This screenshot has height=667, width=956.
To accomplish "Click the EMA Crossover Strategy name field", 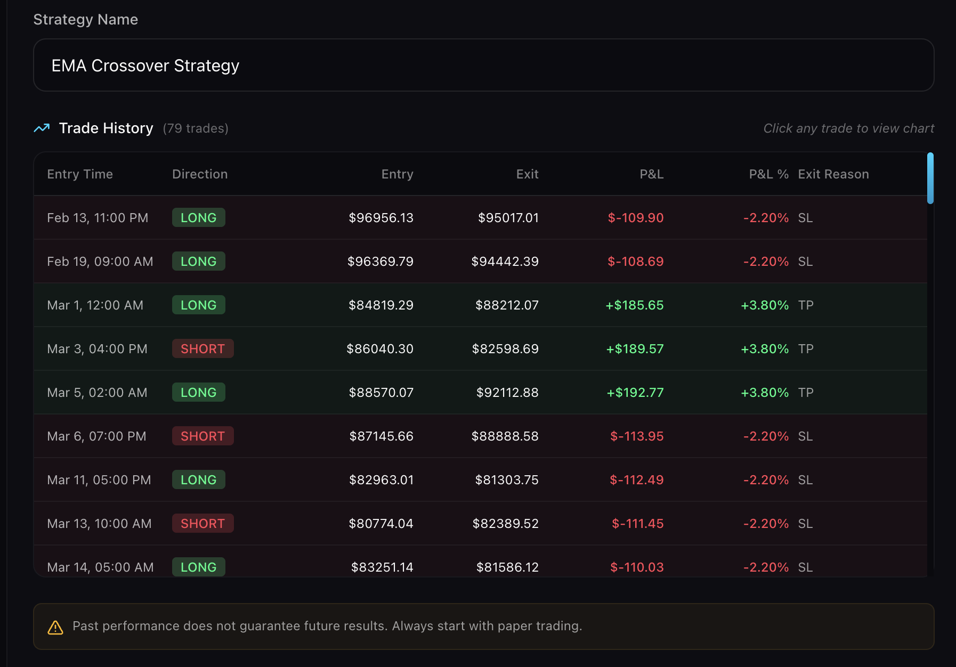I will (x=483, y=66).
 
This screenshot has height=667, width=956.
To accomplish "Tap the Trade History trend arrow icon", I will (x=42, y=128).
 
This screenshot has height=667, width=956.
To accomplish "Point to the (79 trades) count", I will (x=196, y=128).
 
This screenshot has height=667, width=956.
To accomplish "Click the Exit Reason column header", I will (x=833, y=174).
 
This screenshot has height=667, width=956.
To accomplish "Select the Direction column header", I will (x=200, y=174).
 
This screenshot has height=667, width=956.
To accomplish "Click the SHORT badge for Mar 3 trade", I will (x=202, y=349).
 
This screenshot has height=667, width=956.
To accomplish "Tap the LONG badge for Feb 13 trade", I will (x=198, y=218).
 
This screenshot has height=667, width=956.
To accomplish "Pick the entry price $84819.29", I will (x=380, y=305).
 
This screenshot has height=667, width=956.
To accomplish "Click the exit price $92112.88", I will (x=507, y=393).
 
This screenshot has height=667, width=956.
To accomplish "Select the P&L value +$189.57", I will (x=635, y=349).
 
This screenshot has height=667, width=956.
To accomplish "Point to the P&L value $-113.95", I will (x=637, y=436).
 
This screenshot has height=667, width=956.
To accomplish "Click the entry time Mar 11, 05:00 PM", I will (x=99, y=480).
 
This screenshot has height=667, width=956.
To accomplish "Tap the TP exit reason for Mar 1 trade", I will (x=806, y=305).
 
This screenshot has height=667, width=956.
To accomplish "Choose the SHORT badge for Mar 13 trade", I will (x=202, y=524).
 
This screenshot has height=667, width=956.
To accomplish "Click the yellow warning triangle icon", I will (x=55, y=628).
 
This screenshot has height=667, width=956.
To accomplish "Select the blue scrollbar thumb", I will (x=930, y=178).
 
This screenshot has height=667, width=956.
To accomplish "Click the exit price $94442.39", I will (x=505, y=262).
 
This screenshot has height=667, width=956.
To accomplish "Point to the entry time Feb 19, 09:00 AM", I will (x=100, y=262).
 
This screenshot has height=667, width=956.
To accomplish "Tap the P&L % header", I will (x=768, y=174).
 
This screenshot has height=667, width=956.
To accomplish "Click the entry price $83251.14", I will (x=382, y=567).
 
